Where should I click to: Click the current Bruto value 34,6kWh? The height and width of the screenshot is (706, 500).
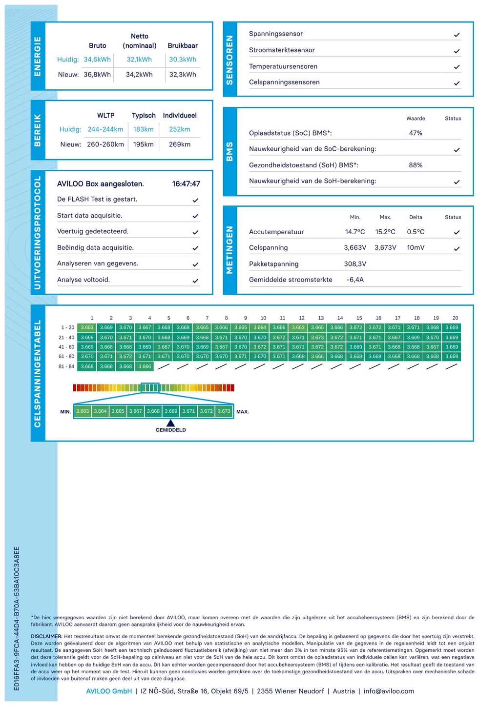(97, 60)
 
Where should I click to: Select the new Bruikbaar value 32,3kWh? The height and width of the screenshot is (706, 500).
(183, 75)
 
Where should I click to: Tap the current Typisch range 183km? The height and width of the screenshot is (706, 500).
(144, 129)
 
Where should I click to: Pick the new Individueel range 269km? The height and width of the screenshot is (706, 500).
(180, 144)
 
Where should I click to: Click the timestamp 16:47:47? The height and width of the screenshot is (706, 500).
(186, 184)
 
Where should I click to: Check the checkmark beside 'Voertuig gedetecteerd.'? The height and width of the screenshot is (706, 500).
(195, 232)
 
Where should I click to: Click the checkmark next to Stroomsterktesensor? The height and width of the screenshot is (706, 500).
(457, 51)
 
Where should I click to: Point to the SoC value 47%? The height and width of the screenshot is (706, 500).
(416, 133)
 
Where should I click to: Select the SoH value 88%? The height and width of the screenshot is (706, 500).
(416, 165)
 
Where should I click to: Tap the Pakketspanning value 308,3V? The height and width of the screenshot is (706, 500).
(355, 264)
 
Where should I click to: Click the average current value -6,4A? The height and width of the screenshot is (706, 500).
(355, 280)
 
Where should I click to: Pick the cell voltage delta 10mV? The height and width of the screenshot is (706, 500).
(416, 248)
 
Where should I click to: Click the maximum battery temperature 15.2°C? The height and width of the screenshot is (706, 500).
(385, 232)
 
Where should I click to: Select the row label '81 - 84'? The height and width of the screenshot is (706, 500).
(66, 366)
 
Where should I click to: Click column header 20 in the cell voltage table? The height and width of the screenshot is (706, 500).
(455, 318)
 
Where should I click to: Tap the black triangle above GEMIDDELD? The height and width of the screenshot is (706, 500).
(170, 423)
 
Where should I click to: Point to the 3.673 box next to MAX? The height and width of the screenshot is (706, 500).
(224, 411)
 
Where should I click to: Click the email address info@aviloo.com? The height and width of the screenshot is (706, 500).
(389, 691)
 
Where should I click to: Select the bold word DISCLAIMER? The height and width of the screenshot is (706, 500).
(46, 636)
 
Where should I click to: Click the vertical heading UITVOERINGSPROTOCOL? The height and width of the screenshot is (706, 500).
(38, 233)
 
